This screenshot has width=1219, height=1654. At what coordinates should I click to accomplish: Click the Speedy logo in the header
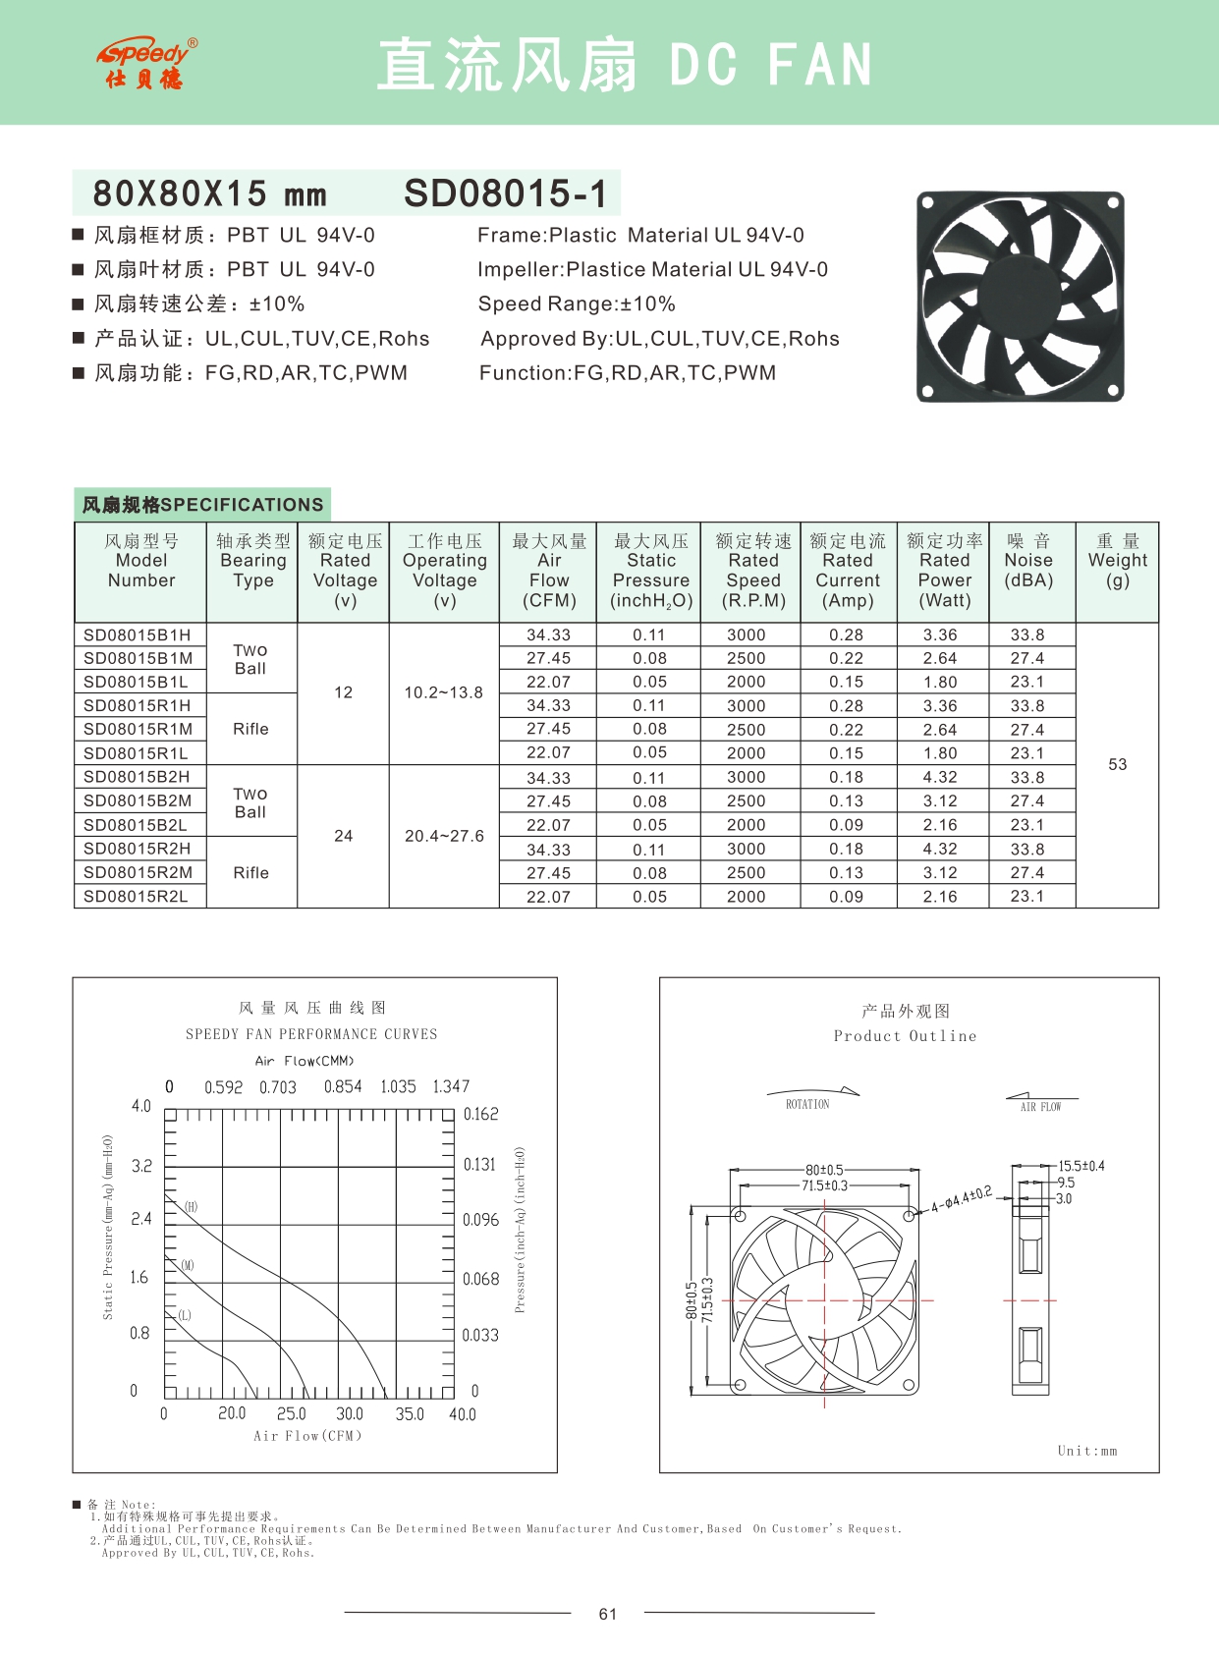[147, 64]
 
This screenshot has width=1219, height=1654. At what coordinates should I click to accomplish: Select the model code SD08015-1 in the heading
[505, 193]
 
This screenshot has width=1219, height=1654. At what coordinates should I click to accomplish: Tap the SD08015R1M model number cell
[139, 730]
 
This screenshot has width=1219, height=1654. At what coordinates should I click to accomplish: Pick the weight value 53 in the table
[1117, 764]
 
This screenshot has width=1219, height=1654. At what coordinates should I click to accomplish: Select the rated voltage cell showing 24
[343, 836]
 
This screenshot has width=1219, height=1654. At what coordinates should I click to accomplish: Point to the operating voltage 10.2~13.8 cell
[443, 692]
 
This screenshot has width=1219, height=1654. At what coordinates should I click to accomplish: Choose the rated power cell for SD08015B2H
[940, 777]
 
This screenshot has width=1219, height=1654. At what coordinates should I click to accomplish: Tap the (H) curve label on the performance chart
[191, 1207]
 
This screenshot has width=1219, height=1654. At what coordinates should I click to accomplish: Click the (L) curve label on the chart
[185, 1315]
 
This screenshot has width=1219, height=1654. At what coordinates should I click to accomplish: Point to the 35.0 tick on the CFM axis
[410, 1414]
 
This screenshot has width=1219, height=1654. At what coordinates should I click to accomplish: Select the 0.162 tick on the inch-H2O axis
[480, 1114]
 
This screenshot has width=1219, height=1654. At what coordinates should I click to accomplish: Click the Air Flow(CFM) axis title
[307, 1436]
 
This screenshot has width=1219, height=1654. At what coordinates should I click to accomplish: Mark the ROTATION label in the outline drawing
[807, 1105]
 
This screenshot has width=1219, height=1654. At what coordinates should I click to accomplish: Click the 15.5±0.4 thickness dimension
[1080, 1166]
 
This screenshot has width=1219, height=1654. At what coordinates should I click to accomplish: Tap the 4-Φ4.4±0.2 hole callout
[962, 1199]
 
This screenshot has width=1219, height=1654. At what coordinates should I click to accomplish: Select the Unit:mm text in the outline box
[1087, 1451]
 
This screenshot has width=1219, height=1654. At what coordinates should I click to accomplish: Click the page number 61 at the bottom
[608, 1614]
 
